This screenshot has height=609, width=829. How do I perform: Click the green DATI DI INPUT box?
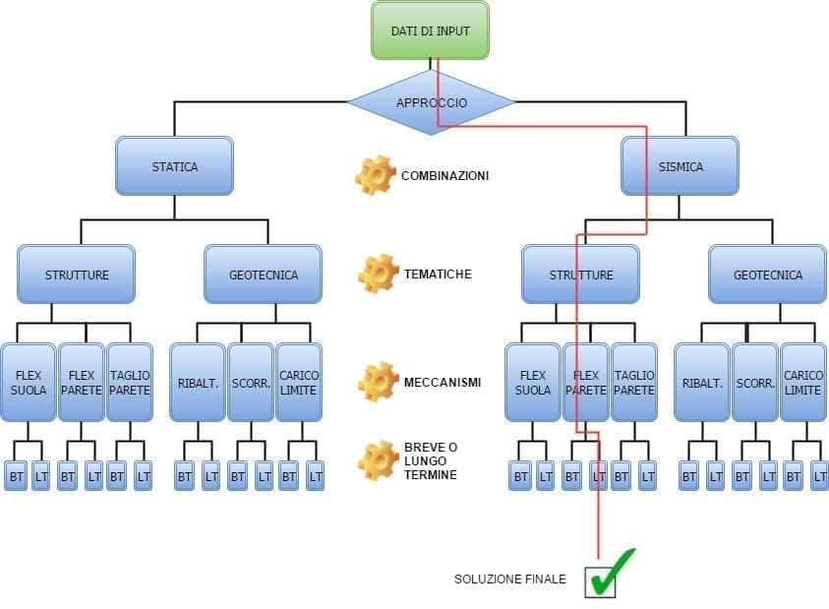430,30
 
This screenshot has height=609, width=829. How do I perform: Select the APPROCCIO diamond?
431,102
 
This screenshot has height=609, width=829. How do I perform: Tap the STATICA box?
174,166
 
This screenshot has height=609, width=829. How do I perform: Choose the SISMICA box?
680,166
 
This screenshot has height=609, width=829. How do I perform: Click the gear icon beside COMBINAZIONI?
374,175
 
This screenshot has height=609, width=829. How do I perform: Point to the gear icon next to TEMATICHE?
378,274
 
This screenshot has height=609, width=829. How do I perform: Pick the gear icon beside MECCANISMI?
378,382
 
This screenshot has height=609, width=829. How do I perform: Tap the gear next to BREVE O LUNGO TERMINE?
378,459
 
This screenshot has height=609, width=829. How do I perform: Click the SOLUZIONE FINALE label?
509,579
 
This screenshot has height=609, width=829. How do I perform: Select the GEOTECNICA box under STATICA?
263,274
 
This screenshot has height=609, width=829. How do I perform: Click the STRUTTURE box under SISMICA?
580,274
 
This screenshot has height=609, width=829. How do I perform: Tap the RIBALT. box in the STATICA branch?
197,383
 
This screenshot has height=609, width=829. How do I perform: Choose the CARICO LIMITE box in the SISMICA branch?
802,383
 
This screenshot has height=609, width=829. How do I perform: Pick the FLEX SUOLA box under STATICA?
28,383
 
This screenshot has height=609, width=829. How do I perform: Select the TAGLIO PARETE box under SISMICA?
634,383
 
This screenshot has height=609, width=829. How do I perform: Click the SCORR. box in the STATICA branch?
250,383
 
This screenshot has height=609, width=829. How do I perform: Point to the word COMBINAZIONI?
444,176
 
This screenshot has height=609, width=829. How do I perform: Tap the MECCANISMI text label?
443,382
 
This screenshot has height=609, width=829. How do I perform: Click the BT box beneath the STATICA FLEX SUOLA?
17,476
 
